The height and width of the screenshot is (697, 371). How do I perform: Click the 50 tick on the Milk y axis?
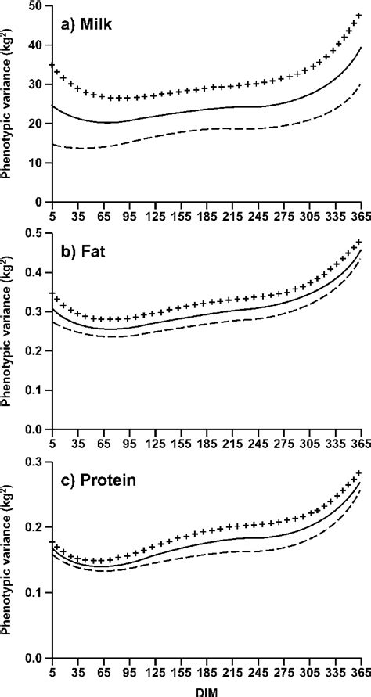tap(35, 6)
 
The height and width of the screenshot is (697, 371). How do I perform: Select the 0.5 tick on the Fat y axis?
tap(33, 234)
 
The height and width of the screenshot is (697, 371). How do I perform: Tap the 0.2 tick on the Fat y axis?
tap(33, 351)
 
